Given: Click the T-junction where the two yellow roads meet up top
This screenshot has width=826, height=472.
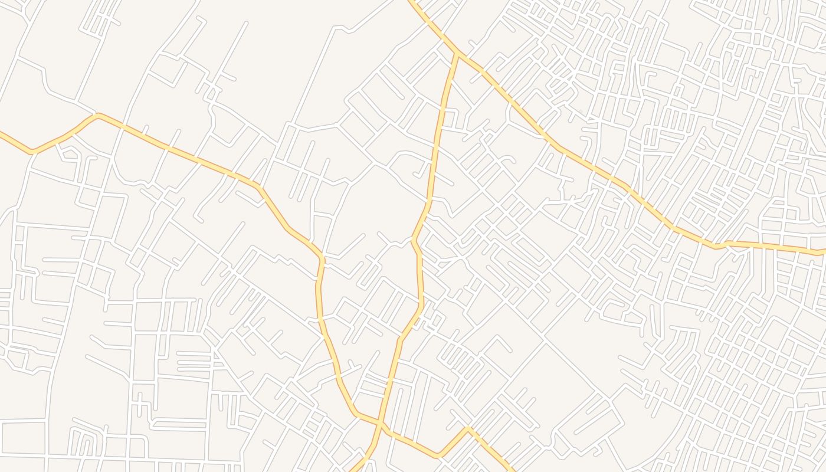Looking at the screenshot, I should point(457,53).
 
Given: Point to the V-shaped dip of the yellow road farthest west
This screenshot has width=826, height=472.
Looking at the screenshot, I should point(32,152).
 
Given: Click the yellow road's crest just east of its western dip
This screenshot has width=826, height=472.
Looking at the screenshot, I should point(99,116).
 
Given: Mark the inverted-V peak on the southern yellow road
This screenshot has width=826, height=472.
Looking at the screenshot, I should point(468,428).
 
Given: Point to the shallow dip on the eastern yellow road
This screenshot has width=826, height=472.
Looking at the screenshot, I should point(716,245).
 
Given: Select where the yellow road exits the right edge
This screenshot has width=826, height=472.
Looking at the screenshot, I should point(824,252).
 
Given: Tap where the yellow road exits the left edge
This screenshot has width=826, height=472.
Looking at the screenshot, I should point(1,133).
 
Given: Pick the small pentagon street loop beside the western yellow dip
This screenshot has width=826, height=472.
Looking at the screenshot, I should point(70,155).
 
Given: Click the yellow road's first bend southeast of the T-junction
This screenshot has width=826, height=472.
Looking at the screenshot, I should point(483,72).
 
